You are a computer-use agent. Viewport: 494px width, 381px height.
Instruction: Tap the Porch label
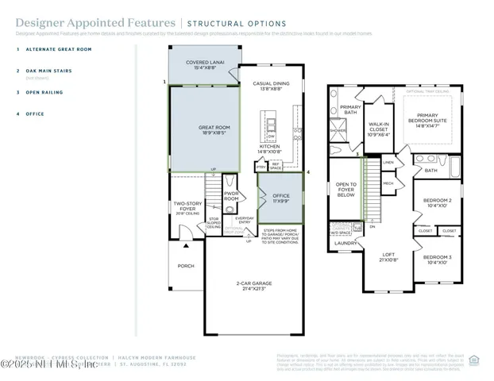(186, 266)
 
